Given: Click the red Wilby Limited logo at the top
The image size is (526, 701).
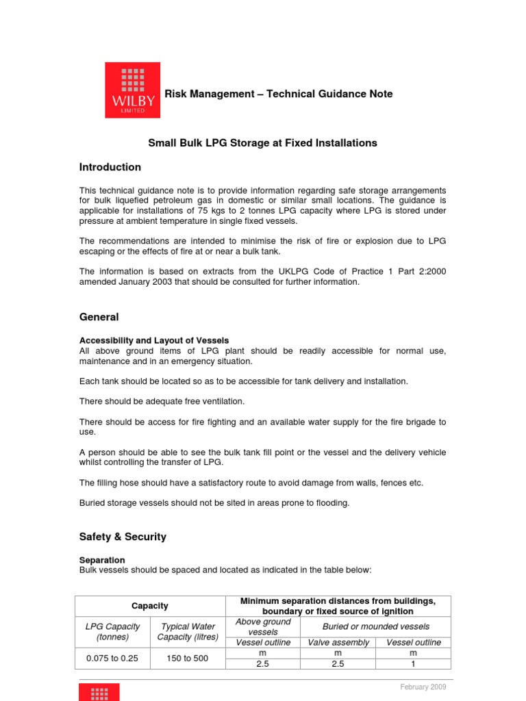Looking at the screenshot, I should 132,90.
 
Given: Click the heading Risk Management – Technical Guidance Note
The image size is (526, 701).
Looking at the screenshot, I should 278,94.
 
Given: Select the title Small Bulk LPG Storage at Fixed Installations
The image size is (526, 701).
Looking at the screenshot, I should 263,143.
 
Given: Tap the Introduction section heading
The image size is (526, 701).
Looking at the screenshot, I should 110,167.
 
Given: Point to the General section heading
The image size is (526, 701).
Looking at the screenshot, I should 99,317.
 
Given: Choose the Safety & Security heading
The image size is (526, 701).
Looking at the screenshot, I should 123,537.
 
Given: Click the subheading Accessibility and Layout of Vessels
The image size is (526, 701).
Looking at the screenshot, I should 154,340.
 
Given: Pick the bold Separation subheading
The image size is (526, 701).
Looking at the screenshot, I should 102,560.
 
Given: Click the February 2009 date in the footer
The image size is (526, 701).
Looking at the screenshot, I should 423,687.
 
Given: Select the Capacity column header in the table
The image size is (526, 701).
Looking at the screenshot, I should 150,606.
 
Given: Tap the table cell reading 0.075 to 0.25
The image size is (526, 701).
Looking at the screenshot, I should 112,659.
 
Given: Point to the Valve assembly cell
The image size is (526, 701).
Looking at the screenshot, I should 338,642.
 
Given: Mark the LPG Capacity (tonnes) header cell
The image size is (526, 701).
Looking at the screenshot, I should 112,631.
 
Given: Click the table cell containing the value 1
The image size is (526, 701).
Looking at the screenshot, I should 413,664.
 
